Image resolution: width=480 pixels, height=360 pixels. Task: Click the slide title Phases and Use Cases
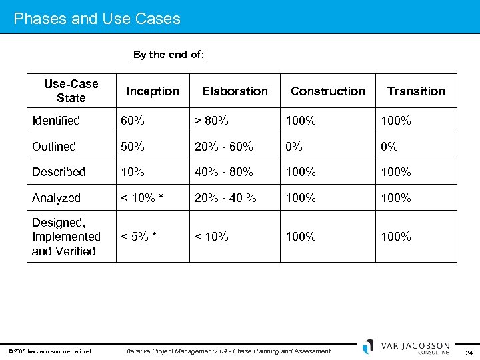97,19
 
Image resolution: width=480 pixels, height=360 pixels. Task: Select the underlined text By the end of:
169,55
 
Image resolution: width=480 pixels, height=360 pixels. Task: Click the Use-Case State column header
71,91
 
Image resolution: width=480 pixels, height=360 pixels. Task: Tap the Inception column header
153,91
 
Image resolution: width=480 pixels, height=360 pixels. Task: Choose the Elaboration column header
235,91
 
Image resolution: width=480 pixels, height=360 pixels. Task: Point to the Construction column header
328,91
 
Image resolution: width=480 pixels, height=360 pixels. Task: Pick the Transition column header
416,91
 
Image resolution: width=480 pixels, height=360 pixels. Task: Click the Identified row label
56,121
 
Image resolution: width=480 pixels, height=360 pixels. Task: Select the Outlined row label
54,147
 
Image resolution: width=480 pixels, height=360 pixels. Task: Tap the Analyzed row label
56,198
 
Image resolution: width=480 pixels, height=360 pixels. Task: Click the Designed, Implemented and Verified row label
66,237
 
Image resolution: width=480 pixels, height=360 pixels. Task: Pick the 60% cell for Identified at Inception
133,121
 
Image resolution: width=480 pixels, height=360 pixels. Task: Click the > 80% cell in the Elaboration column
211,121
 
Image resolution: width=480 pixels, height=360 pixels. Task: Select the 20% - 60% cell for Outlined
223,147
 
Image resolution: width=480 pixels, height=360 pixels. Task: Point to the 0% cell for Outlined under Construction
294,147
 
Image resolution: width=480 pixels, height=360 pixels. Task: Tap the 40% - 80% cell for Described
223,172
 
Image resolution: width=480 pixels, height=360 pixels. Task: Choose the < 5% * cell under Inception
139,237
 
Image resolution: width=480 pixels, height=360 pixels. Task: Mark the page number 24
469,353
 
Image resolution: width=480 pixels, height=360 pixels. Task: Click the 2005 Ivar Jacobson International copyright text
50,351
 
